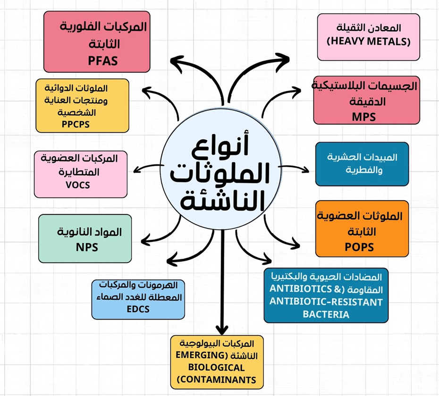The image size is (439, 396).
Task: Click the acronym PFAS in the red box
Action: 103,61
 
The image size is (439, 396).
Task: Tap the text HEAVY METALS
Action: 369,41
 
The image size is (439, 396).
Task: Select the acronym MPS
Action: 363,117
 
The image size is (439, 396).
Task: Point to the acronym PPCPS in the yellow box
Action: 76,124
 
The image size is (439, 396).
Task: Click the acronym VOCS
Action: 78,185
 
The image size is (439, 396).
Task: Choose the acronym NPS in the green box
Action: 87,247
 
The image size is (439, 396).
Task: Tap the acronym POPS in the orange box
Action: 359,247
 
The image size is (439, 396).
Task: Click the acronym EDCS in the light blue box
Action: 138,309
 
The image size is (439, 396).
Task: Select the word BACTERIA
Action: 326,314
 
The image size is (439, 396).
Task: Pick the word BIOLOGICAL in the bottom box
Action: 216,367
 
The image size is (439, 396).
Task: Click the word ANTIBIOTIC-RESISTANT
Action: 326,302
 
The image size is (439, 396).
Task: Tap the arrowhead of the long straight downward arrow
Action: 222,329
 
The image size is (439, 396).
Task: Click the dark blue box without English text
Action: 362,164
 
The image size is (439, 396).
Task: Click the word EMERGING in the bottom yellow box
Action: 201,355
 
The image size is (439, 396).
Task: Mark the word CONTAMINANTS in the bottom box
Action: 218,380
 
